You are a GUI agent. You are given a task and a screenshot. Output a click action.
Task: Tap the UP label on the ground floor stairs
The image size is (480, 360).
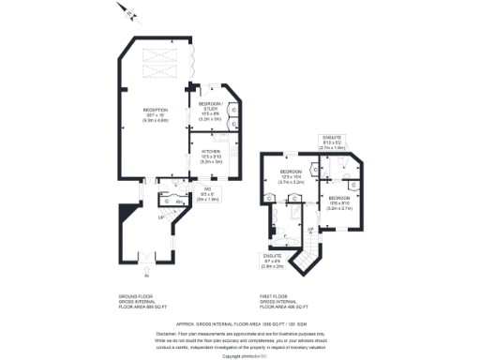pyautogui.click(x=161, y=219)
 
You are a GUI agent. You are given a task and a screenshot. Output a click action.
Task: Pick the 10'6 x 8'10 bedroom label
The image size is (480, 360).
pyautogui.click(x=339, y=202)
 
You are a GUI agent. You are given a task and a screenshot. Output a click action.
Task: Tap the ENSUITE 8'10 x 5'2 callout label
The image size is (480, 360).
pyautogui.click(x=333, y=142)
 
